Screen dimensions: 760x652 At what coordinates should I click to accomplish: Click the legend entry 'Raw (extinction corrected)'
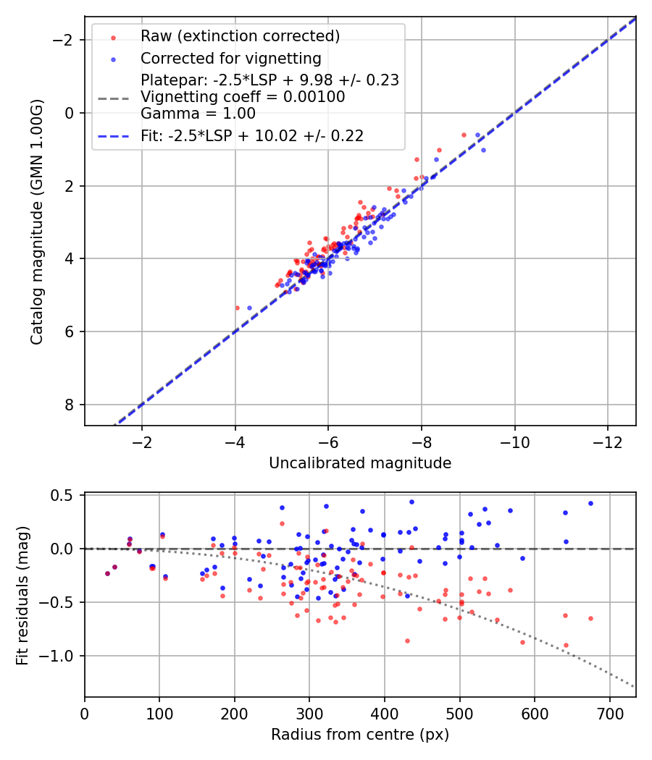click(x=240, y=35)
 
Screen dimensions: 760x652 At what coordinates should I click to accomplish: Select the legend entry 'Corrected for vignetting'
click(x=231, y=58)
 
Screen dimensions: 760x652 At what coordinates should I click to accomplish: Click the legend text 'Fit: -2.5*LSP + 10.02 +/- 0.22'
click(x=252, y=135)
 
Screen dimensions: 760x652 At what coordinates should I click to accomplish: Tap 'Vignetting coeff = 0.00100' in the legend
click(x=243, y=96)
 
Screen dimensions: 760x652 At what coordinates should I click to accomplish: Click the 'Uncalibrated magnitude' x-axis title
click(x=360, y=463)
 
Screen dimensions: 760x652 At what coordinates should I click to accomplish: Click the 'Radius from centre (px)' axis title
click(x=360, y=735)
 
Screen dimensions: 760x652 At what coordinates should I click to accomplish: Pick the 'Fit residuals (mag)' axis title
click(x=22, y=595)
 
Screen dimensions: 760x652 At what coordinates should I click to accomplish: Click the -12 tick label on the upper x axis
click(x=608, y=442)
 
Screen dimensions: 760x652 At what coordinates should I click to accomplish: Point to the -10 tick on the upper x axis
click(x=514, y=442)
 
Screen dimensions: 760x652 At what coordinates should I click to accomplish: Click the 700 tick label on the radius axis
click(x=610, y=714)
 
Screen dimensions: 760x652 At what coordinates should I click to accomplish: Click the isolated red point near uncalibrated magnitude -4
click(x=237, y=308)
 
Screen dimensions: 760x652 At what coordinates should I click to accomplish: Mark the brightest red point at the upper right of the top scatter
click(x=464, y=135)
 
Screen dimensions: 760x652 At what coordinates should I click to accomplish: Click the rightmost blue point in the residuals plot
click(x=590, y=503)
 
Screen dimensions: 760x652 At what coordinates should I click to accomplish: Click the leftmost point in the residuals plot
click(x=107, y=573)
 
